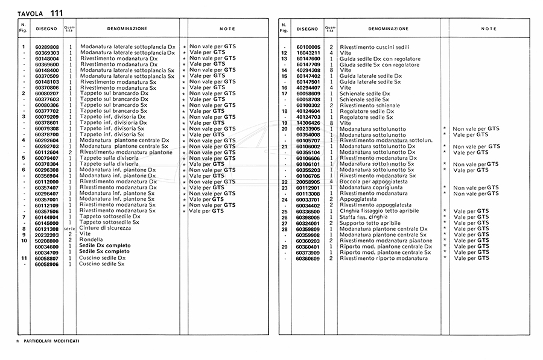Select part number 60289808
pyautogui.click(x=47, y=47)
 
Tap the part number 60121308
pyautogui.click(x=47, y=229)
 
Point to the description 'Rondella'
pyautogui.click(x=91, y=241)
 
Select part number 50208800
pyautogui.click(x=47, y=241)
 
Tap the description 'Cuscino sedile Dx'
pyautogui.click(x=102, y=258)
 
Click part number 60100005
pyautogui.click(x=308, y=47)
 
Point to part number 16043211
pyautogui.click(x=308, y=53)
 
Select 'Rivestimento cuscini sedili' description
pyautogui.click(x=374, y=47)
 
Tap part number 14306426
pyautogui.click(x=308, y=123)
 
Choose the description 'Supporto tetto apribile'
pyautogui.click(x=370, y=223)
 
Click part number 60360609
pyautogui.click(x=308, y=258)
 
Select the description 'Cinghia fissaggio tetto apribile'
pyautogui.click(x=382, y=212)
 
